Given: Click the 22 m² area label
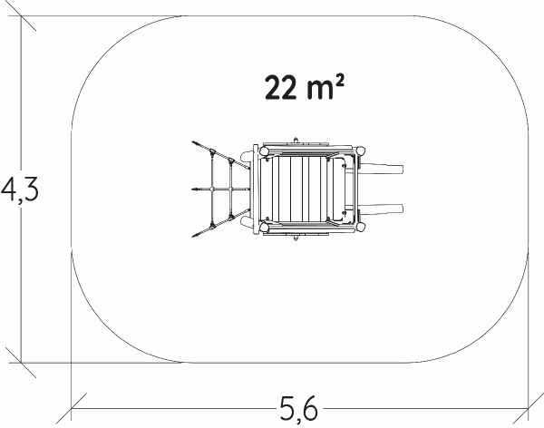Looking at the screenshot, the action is [x=305, y=88].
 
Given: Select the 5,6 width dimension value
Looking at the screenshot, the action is [x=298, y=407].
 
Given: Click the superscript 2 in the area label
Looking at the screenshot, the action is [x=340, y=83].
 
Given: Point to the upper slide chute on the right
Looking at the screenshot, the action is [x=381, y=169].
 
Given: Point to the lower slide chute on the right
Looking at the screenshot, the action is [x=381, y=209].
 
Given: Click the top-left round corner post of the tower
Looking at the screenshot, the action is [x=264, y=151].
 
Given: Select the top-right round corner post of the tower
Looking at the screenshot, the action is [x=361, y=151].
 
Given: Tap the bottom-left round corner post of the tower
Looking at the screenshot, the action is [x=264, y=228].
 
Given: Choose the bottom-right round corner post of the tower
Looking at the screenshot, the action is [x=361, y=228].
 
